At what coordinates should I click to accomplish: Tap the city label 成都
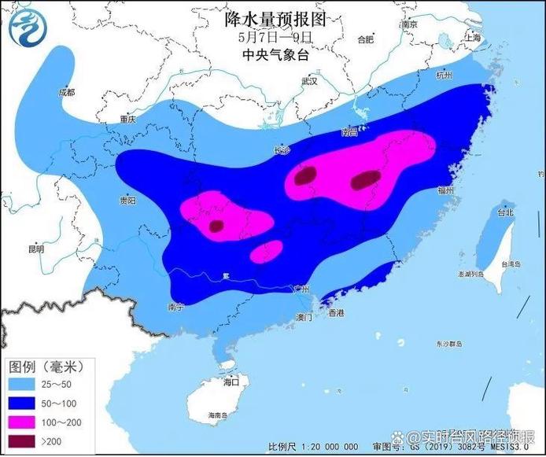click(66, 93)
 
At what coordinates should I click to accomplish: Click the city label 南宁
click(175, 308)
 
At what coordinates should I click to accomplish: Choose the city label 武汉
click(308, 81)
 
